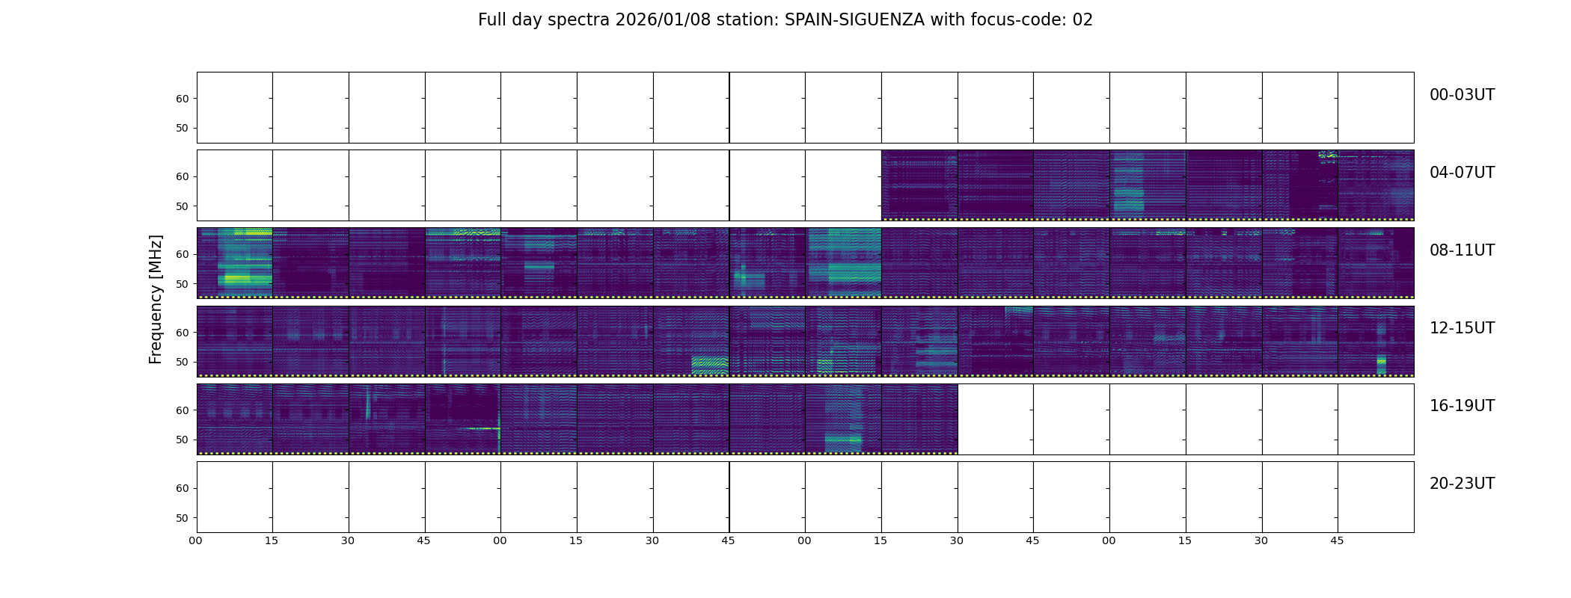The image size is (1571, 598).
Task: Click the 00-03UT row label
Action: click(1462, 95)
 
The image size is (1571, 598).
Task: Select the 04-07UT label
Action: click(1462, 173)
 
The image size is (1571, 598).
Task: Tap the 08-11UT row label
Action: click(1462, 250)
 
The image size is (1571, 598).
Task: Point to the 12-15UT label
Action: click(1462, 328)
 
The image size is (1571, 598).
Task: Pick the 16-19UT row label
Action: click(1462, 406)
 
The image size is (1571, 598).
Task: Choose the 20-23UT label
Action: click(1462, 484)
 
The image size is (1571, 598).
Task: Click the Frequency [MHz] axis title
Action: click(156, 299)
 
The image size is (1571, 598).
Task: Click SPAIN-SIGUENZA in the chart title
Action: click(854, 20)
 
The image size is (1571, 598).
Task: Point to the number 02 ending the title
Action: click(1082, 20)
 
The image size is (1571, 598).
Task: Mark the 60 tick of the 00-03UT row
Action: click(182, 99)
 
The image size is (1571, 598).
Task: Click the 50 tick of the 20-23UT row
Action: click(182, 518)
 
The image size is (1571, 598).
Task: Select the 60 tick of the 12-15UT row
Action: click(182, 333)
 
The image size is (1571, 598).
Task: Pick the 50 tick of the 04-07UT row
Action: click(182, 206)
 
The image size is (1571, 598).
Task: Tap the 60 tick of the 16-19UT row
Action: click(182, 410)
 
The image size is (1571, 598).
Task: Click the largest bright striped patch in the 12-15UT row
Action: click(709, 365)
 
